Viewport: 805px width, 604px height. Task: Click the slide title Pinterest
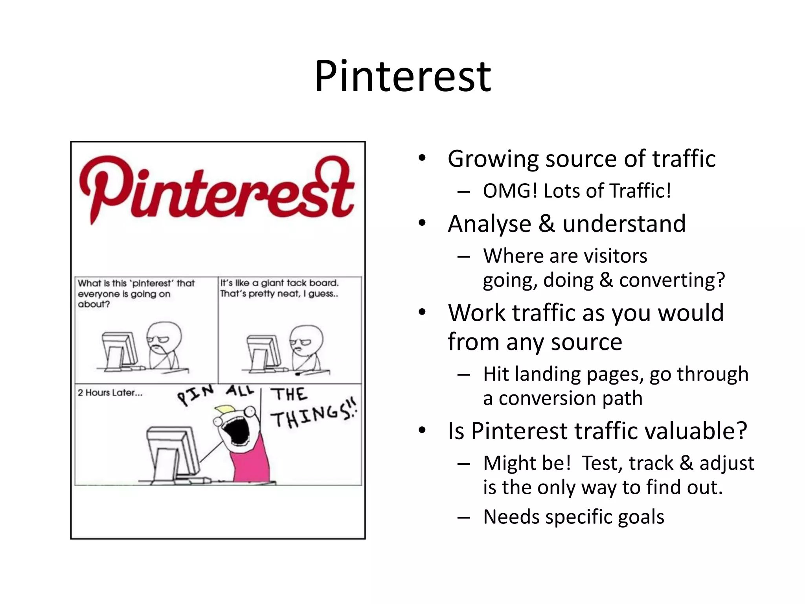[402, 77]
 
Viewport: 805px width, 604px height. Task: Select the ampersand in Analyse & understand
[547, 224]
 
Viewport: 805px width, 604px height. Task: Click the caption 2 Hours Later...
[110, 393]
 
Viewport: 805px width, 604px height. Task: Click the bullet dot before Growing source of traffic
[422, 159]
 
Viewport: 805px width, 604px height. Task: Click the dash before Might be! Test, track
[463, 464]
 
